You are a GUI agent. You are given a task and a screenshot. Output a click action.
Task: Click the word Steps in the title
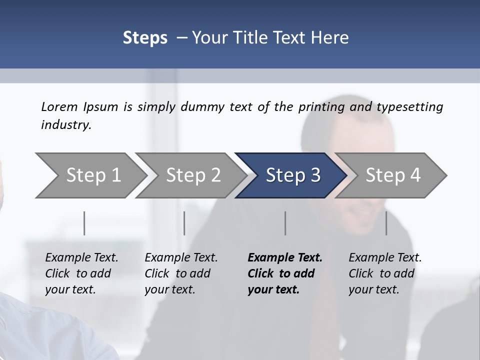click(x=145, y=38)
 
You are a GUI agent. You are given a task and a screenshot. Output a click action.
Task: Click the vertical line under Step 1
click(x=84, y=223)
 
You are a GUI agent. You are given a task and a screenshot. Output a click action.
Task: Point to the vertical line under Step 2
click(x=184, y=223)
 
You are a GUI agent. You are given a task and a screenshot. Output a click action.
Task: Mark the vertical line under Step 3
click(x=285, y=223)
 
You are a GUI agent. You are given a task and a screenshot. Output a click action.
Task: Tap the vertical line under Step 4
click(x=386, y=223)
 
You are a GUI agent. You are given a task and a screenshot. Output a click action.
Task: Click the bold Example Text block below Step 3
click(x=284, y=273)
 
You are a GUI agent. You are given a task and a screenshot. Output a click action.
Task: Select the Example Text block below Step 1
click(x=81, y=273)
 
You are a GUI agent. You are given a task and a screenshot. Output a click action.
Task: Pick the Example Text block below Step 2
click(x=181, y=273)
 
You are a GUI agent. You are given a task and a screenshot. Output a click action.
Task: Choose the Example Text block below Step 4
click(x=385, y=273)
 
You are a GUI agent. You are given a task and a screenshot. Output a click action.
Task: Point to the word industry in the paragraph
click(x=66, y=125)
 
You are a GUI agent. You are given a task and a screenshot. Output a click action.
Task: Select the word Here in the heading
click(x=330, y=38)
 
